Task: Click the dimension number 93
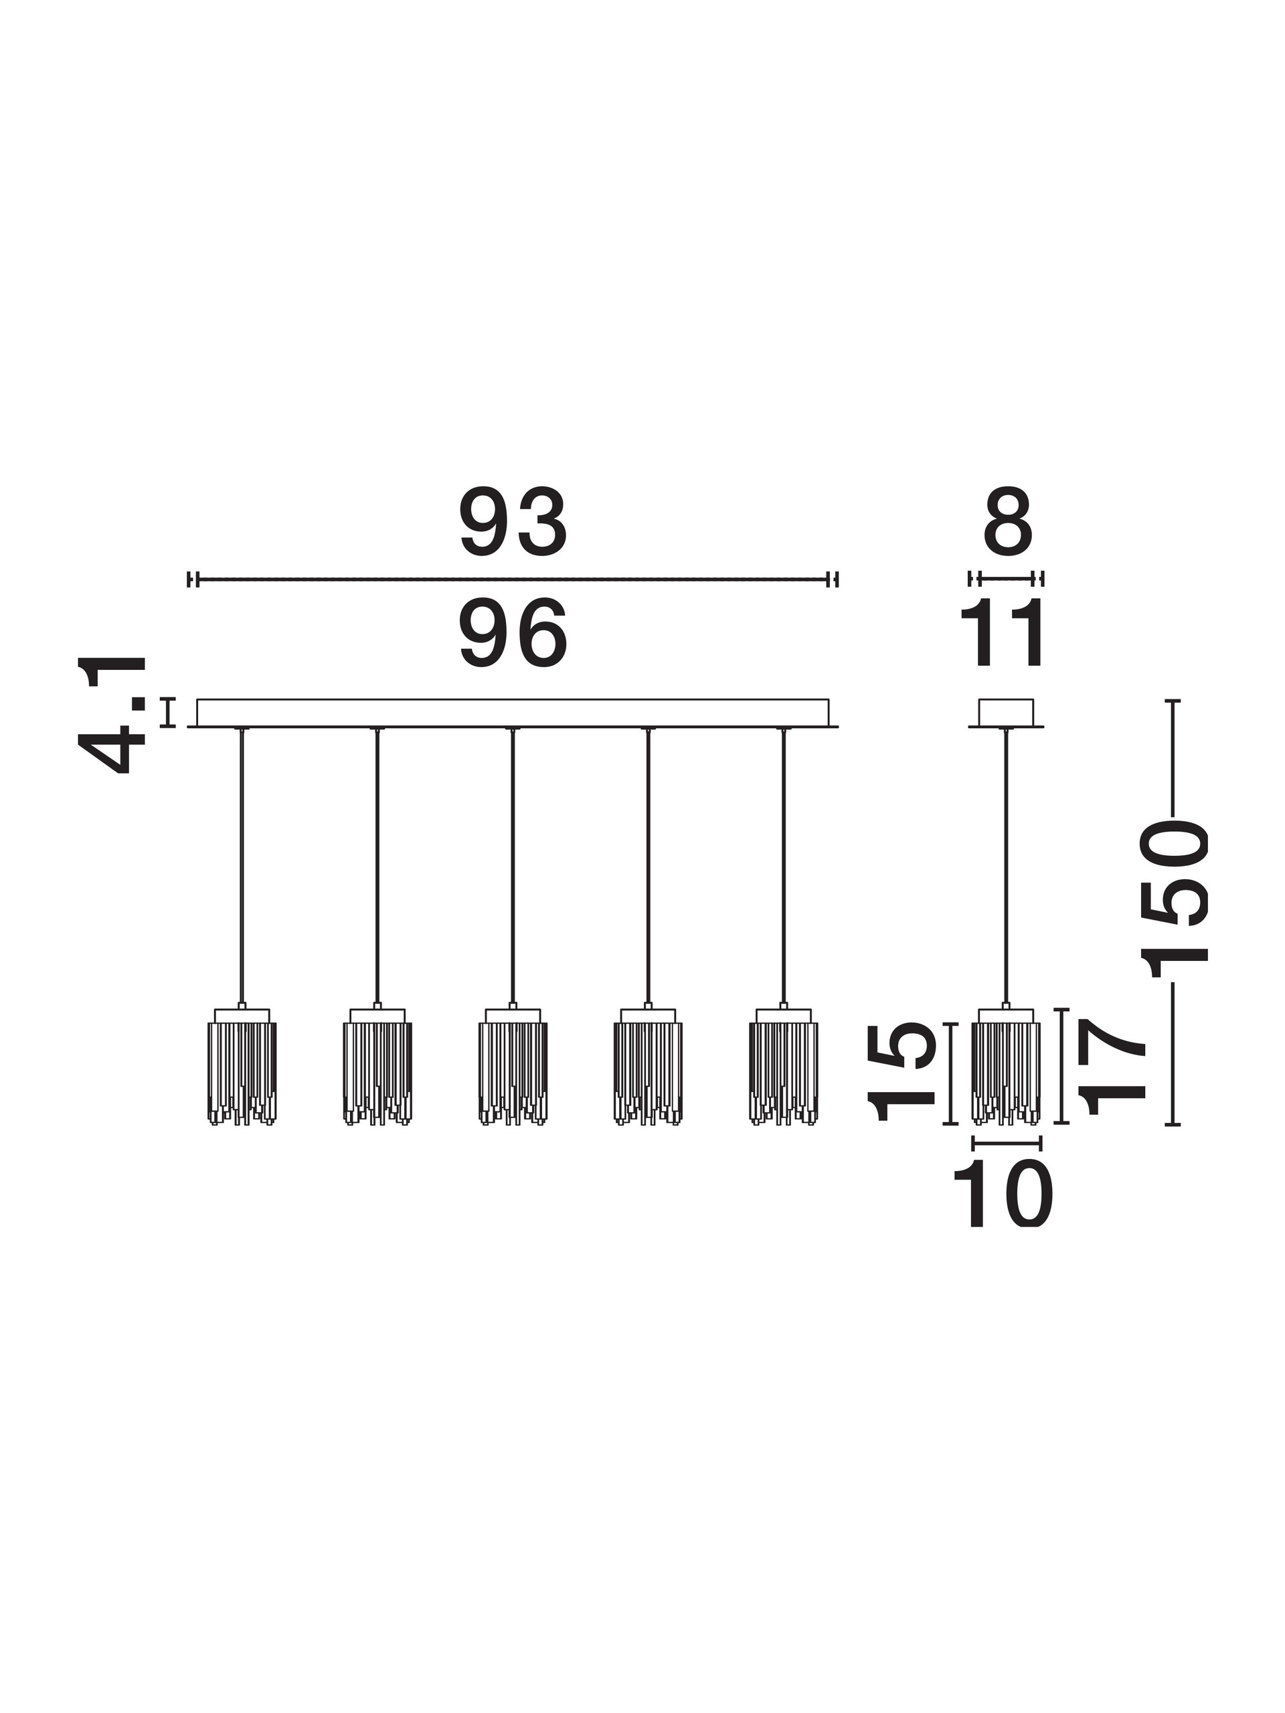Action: coord(513,523)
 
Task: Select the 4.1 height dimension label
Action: coord(113,715)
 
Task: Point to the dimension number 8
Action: coord(1008,523)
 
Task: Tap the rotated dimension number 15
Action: coord(902,1072)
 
